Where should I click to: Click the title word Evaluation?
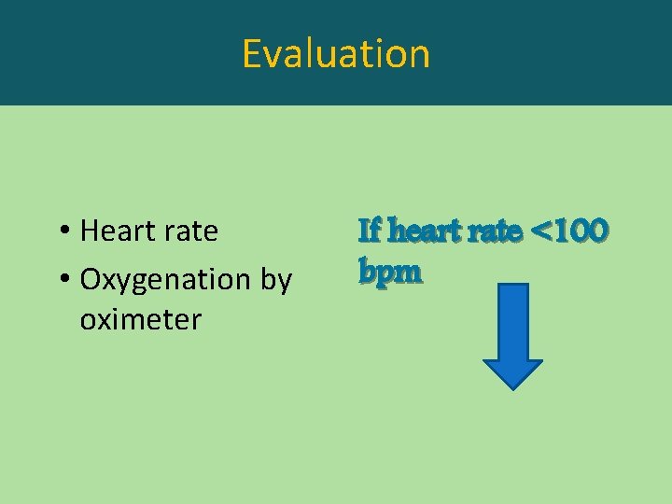[x=336, y=53]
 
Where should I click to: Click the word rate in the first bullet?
[x=191, y=231]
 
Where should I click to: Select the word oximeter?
[x=141, y=320]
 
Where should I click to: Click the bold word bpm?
[x=390, y=272]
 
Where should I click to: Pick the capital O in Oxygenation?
[x=92, y=279]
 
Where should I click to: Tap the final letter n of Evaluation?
[x=419, y=55]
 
